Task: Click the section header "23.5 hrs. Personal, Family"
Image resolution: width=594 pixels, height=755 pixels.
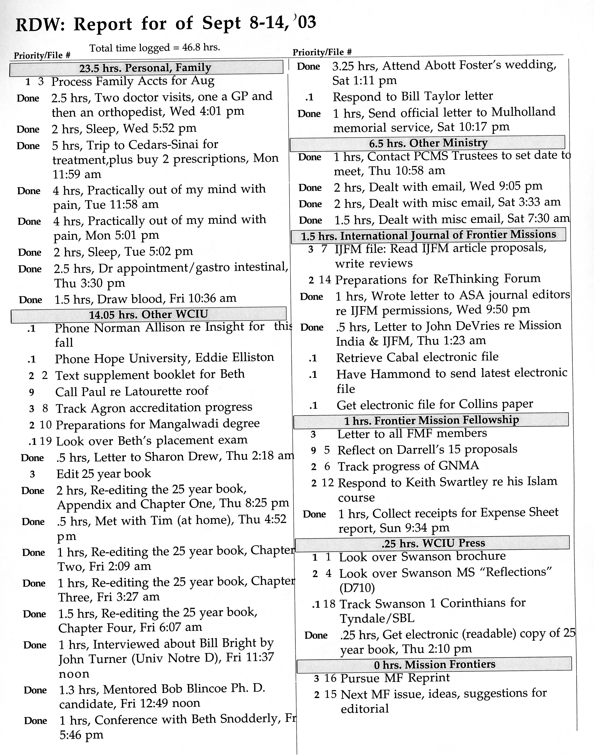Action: tap(145, 67)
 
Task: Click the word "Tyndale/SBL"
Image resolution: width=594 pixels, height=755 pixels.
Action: tap(377, 618)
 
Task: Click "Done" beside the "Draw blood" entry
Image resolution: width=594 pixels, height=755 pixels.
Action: tap(31, 300)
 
